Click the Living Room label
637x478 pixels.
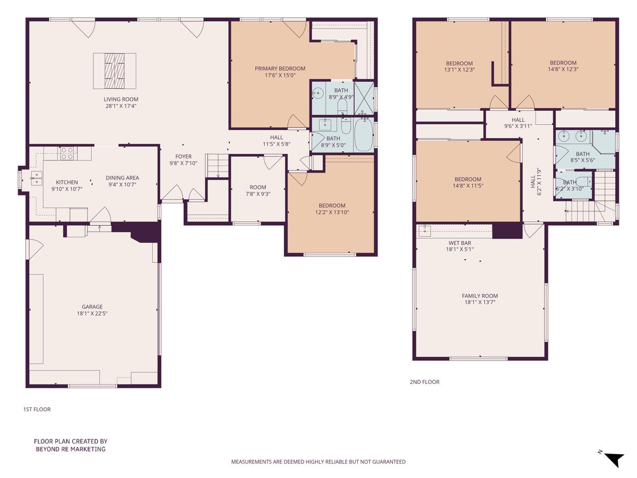(x=120, y=99)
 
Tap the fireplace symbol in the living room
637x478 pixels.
(x=115, y=71)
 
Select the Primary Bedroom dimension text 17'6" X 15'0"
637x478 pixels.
(x=280, y=75)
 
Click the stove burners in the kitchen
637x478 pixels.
(x=67, y=153)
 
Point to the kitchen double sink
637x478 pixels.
(x=37, y=178)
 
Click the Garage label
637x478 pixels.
(x=92, y=306)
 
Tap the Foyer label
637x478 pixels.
(x=184, y=157)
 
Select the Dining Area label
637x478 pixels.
(x=122, y=178)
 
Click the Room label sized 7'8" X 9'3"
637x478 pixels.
(x=258, y=187)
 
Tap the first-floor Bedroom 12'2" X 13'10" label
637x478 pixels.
(x=332, y=206)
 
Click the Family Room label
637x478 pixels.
(x=479, y=296)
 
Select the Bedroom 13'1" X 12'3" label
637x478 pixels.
(x=459, y=63)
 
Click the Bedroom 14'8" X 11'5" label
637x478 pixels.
(x=468, y=179)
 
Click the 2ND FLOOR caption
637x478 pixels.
(x=424, y=382)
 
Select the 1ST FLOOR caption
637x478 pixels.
(x=37, y=409)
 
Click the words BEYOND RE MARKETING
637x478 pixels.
(x=71, y=449)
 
